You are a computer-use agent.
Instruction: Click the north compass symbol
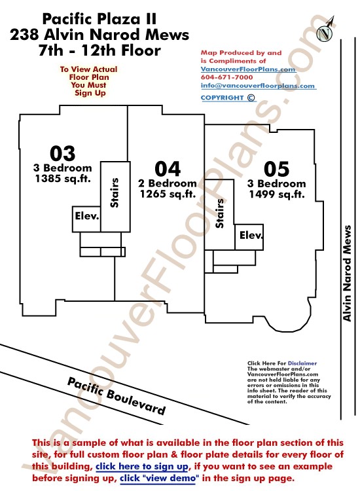325,30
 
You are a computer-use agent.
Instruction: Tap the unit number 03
63,153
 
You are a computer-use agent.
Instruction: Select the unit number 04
168,169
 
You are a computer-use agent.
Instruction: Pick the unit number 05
276,169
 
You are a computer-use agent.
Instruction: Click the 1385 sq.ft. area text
63,179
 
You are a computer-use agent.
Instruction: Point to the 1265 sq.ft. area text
168,194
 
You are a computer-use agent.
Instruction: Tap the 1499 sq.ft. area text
277,194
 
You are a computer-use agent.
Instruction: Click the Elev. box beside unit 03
86,219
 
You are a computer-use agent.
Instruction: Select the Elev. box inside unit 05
249,237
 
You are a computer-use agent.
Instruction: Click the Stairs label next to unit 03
115,192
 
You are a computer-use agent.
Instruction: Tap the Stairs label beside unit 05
220,213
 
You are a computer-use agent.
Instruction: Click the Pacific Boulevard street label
116,396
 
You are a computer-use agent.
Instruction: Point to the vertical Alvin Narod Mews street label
347,273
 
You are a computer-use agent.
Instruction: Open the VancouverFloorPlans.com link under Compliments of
248,69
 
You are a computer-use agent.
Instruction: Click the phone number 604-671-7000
226,77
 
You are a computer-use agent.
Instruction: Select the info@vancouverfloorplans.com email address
258,86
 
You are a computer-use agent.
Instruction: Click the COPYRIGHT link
228,98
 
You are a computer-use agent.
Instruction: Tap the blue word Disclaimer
302,363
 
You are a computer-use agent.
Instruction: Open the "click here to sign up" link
142,466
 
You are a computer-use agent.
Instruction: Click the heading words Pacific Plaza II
99,19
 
